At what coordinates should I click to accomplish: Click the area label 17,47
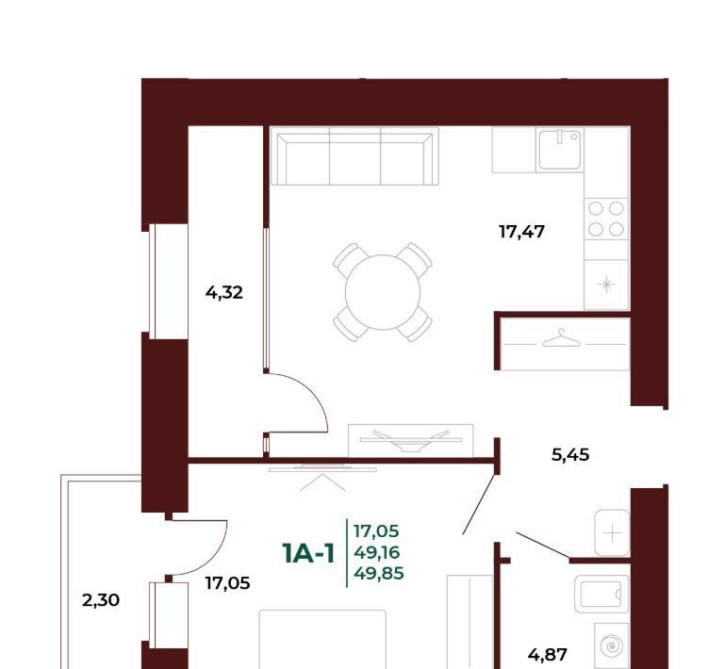[x=521, y=232]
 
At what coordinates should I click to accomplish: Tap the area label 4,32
[x=224, y=293]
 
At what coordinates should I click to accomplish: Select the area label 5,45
[x=570, y=455]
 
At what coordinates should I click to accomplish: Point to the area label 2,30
[x=101, y=600]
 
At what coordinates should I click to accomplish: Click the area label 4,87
[x=548, y=655]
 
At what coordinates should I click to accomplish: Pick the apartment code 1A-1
[x=308, y=553]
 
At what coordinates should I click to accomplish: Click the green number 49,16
[x=377, y=552]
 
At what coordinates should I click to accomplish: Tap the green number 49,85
[x=379, y=574]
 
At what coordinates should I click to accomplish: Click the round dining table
[x=383, y=292]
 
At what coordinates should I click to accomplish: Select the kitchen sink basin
[x=560, y=149]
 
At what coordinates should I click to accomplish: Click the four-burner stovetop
[x=606, y=219]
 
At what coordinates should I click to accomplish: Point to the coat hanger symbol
[x=561, y=338]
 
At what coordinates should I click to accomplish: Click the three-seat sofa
[x=354, y=156]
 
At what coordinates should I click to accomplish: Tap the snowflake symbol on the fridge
[x=606, y=285]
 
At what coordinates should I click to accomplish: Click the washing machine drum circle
[x=611, y=645]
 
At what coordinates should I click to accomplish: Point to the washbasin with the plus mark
[x=612, y=532]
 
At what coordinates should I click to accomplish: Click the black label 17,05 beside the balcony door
[x=227, y=583]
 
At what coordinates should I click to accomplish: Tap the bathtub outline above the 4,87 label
[x=601, y=595]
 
